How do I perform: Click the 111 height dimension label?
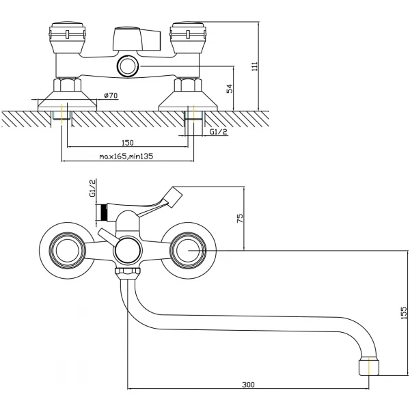pos(254,66)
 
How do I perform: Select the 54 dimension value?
pos(230,89)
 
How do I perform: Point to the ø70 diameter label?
pos(111,96)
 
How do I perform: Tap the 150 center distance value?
pos(128,143)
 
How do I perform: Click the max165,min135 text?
pos(126,156)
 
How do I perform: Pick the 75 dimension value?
pos(240,219)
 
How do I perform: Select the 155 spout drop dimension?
pos(404,313)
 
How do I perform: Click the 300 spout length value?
pos(248,385)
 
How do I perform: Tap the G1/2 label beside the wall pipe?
pos(219,132)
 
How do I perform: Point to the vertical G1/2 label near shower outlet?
pos(93,189)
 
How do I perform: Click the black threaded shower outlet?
pos(104,212)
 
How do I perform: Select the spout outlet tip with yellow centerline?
pos(369,366)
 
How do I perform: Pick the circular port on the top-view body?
pos(128,66)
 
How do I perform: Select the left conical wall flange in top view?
pos(67,101)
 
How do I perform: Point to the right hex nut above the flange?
pos(188,85)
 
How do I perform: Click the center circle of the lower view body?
pos(128,250)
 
